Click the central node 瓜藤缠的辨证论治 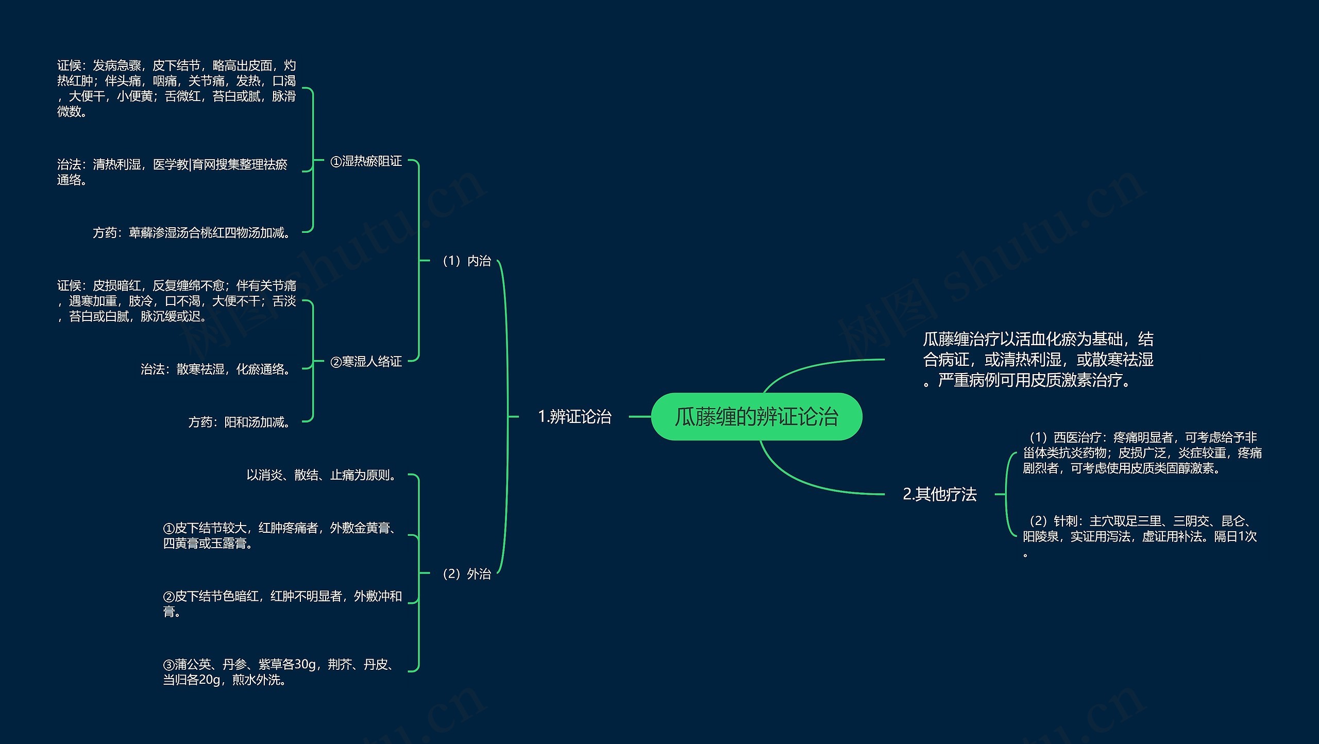[x=756, y=416]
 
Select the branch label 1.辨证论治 [x=574, y=416]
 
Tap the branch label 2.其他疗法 [x=940, y=494]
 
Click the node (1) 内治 [x=466, y=261]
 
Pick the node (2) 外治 [x=466, y=573]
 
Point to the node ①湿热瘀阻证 [x=366, y=161]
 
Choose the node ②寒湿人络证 [x=366, y=361]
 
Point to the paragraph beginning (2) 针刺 [x=1140, y=536]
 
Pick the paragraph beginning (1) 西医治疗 [x=1142, y=453]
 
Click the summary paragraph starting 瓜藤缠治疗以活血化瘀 [x=1038, y=359]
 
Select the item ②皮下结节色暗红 [x=282, y=603]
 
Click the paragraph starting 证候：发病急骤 [x=176, y=88]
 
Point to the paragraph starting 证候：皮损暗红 [x=176, y=300]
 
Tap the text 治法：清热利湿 [x=172, y=172]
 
